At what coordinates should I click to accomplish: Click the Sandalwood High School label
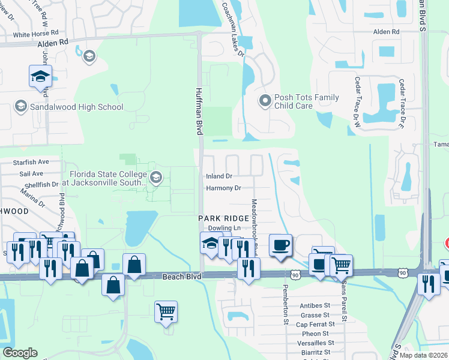(x=76, y=107)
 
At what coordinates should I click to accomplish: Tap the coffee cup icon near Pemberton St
(x=281, y=245)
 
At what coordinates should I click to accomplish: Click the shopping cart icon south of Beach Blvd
(x=166, y=311)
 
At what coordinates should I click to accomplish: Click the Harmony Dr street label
(x=223, y=188)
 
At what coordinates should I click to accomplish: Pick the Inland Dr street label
(x=219, y=176)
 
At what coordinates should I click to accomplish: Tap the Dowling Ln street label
(x=224, y=229)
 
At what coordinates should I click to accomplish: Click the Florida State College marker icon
(x=156, y=176)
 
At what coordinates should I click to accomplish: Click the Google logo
(x=20, y=353)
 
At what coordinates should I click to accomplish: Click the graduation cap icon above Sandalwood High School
(x=41, y=76)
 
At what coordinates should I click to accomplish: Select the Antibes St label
(x=315, y=305)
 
